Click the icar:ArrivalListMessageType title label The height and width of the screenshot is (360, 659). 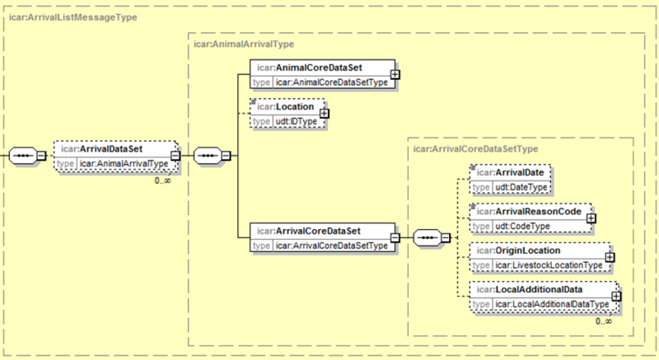coord(73,17)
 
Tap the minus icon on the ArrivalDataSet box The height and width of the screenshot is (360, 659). coord(175,156)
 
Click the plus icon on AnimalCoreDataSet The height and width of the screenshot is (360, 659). coord(395,74)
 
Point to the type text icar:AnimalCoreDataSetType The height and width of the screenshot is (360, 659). coord(332,82)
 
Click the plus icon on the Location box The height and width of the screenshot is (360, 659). coord(324,114)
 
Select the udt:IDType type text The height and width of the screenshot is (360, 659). coord(297,121)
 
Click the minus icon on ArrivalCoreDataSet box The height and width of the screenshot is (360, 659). coord(395,238)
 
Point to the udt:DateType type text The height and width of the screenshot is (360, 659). coord(521,187)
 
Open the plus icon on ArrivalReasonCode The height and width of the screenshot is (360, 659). coord(591,218)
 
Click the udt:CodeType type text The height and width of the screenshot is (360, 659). coord(522,227)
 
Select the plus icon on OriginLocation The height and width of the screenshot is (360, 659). coord(610,257)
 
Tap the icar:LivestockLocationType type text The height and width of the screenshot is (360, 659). coord(549,265)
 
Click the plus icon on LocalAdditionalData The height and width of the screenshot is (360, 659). coord(616,296)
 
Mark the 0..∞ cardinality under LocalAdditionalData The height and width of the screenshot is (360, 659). coord(604,321)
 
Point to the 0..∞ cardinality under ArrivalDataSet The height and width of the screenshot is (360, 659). coord(162,181)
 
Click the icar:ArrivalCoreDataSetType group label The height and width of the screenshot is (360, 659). coord(476,149)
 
